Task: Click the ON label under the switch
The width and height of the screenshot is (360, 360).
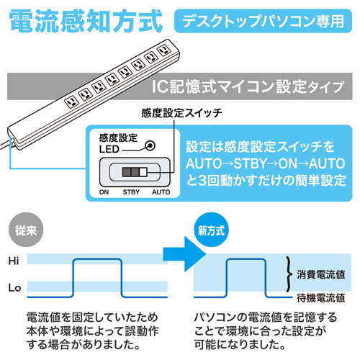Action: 104,192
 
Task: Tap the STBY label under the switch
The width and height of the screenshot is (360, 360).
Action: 131,192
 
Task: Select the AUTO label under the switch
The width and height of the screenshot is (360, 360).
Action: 161,192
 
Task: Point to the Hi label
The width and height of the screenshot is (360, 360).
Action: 14,260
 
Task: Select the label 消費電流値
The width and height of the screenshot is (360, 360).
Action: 322,274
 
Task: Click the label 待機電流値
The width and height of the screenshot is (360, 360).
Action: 322,296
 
